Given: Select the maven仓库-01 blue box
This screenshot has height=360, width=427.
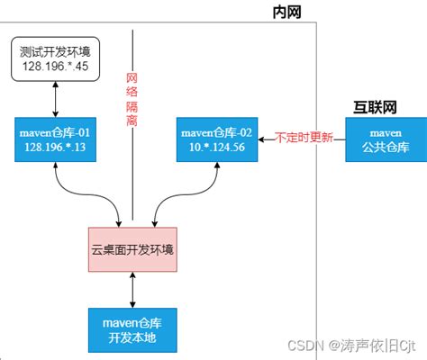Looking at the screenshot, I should point(57,140).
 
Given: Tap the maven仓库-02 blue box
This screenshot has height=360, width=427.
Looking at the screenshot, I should point(219,140).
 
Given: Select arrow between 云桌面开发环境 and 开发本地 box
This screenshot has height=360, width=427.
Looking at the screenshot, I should point(133,288).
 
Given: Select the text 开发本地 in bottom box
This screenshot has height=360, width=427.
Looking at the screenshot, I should point(133,336).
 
